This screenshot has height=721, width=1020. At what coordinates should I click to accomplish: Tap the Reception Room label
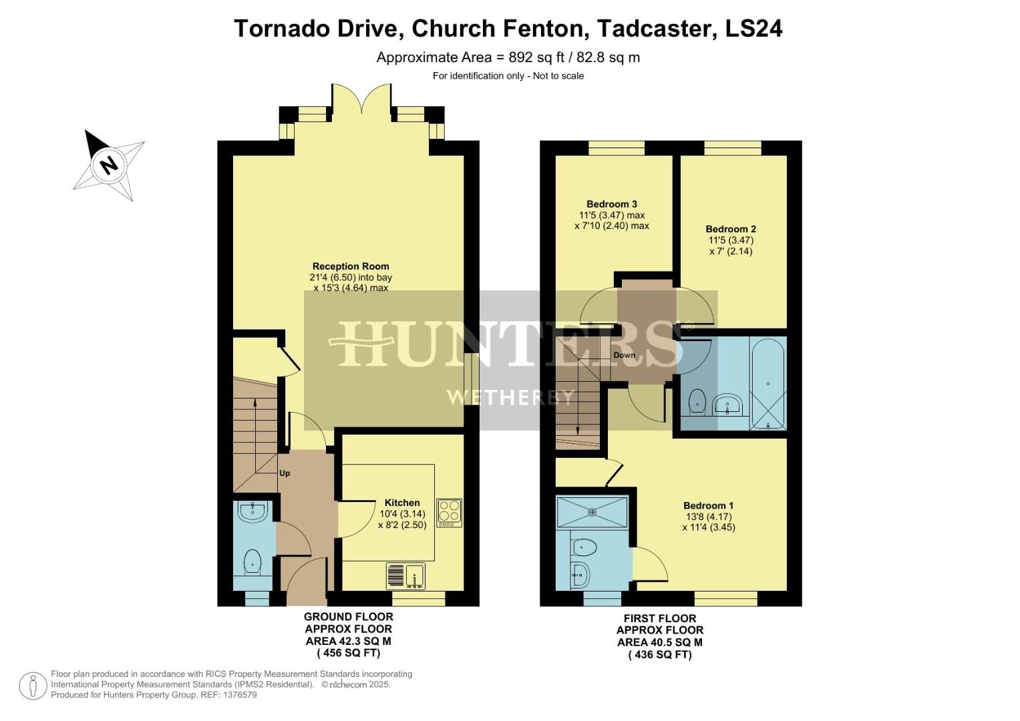pos(351,266)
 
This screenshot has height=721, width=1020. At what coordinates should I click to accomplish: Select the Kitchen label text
pos(402,503)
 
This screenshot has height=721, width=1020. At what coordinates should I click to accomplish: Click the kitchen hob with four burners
pos(449,513)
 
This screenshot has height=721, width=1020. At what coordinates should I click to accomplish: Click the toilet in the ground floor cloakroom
pos(252,561)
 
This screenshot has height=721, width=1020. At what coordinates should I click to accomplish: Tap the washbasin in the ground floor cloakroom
pos(253,511)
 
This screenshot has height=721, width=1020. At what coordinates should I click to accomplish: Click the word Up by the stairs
pos(285,473)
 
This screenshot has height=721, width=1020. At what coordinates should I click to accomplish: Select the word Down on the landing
pos(625,355)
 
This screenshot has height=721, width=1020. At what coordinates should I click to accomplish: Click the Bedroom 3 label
pos(611,204)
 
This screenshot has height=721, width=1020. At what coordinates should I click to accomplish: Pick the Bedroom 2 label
pos(731,229)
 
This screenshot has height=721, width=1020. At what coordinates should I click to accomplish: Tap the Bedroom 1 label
pos(708,505)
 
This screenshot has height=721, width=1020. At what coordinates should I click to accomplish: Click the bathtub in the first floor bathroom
pos(768,384)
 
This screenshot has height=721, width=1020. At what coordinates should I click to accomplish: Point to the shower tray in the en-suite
pos(592,512)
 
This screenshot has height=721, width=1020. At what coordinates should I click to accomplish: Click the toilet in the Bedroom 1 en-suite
pos(584,548)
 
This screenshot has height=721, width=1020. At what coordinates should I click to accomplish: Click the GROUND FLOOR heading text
pos(348,617)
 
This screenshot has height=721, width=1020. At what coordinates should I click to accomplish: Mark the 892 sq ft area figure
pos(532,57)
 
